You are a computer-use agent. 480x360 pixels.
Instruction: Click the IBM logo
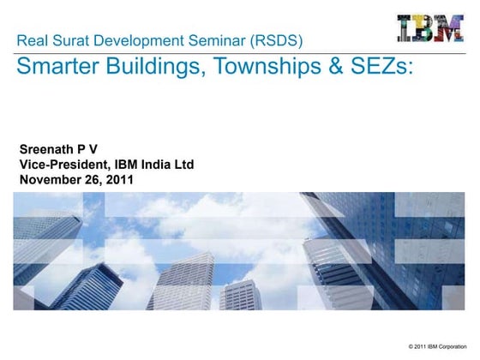[x=430, y=27]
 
